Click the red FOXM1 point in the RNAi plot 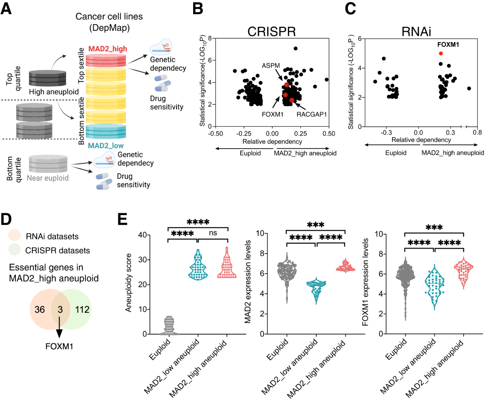pyautogui.click(x=441, y=53)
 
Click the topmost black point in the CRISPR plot pyautogui.click(x=296, y=49)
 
